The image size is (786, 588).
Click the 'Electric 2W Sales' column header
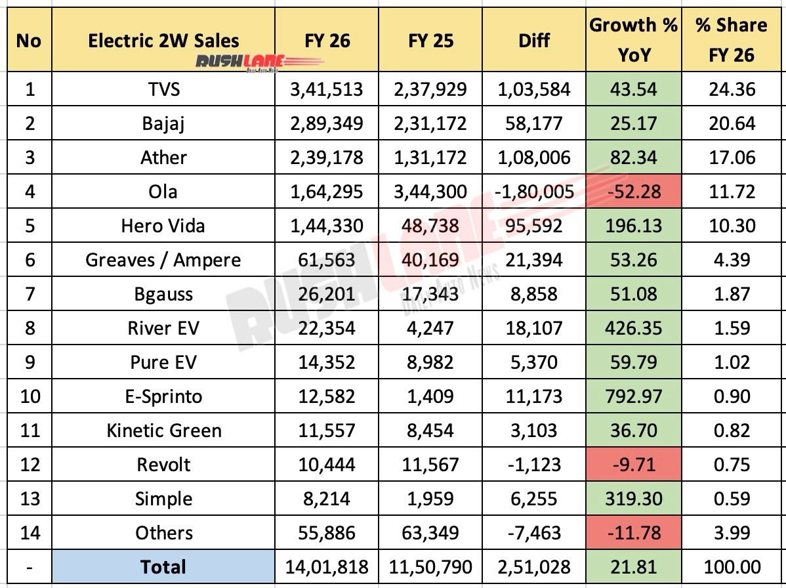tap(163, 41)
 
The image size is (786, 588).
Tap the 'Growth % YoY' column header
tap(633, 39)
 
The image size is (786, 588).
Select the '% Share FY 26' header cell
tap(732, 39)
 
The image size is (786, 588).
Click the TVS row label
tap(163, 89)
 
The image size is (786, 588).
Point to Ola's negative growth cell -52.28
tap(633, 192)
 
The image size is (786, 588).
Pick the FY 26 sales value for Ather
tap(326, 157)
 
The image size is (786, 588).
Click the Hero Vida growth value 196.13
tap(633, 226)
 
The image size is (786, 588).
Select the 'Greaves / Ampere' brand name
tap(163, 260)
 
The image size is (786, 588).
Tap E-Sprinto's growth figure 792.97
tap(633, 396)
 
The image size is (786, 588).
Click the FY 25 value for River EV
tap(430, 328)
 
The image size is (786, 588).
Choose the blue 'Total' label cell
tap(163, 567)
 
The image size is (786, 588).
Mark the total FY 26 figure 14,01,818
tap(326, 567)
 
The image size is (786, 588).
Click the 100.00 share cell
tap(732, 567)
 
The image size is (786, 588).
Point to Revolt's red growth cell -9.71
tap(633, 465)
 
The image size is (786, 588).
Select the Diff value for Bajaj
tap(533, 123)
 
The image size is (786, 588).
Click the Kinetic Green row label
tap(163, 430)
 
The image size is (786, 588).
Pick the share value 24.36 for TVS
tap(732, 89)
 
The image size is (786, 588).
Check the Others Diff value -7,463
tap(533, 533)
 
